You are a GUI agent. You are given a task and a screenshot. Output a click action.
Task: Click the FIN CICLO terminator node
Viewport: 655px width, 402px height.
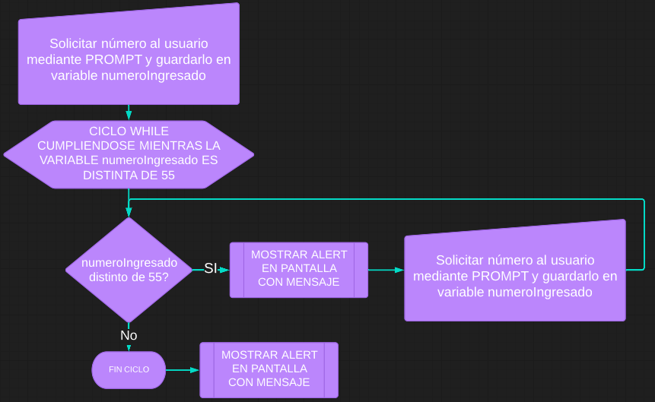[x=129, y=370]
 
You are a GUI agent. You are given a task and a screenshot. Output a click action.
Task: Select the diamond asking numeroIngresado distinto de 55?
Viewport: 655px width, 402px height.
[x=129, y=270]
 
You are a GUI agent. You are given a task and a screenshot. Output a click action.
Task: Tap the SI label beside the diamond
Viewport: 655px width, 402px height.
[x=211, y=268]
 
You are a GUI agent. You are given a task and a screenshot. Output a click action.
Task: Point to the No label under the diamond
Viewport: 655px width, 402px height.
[x=129, y=335]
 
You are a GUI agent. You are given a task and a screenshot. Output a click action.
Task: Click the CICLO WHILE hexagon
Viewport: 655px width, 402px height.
[x=129, y=154]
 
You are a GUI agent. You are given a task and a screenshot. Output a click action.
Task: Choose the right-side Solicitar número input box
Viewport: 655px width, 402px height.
[x=515, y=275]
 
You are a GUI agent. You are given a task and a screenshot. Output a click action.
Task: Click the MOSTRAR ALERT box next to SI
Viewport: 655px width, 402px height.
[x=299, y=269]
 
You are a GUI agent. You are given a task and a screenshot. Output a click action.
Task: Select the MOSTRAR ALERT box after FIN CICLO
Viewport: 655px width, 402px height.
[x=269, y=369]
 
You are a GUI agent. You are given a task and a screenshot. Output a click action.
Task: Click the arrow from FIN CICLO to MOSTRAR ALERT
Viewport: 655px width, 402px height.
[x=183, y=370]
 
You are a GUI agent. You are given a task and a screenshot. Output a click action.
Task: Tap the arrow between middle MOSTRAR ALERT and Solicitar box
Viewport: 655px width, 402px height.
[x=386, y=270]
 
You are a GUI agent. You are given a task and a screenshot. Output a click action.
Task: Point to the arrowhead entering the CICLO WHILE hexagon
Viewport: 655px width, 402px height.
[x=129, y=116]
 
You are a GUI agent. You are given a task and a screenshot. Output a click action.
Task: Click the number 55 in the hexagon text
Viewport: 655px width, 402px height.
[x=167, y=176]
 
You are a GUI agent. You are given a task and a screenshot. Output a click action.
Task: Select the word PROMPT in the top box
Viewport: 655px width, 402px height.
[x=111, y=59]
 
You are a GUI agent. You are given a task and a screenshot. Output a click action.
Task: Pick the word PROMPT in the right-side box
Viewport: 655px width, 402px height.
[x=498, y=276]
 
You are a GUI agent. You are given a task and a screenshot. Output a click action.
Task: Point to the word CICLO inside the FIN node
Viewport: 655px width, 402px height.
[x=137, y=370]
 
